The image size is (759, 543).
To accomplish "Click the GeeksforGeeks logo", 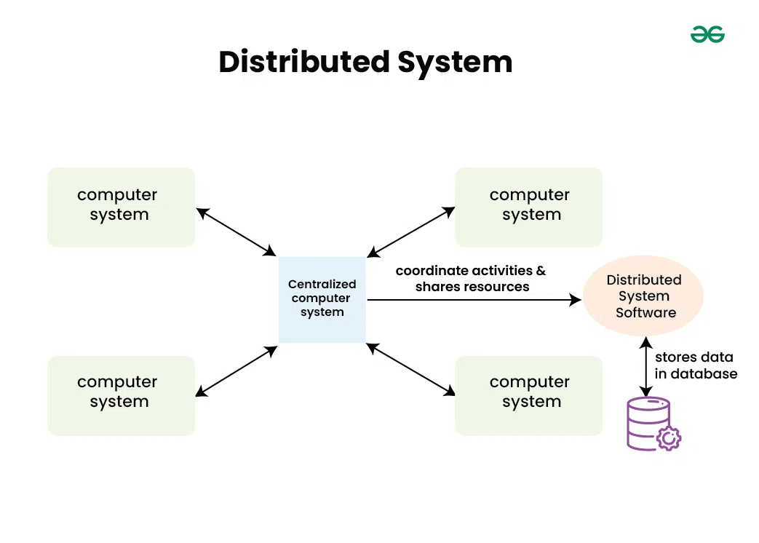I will click(707, 34).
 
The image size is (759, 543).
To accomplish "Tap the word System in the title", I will click(455, 62).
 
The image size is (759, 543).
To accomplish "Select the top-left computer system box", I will click(121, 207).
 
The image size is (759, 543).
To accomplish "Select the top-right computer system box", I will click(528, 207).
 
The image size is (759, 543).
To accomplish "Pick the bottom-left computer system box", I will click(121, 395).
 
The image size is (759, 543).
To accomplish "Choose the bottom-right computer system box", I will click(528, 395).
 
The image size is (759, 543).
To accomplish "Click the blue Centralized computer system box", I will click(322, 299).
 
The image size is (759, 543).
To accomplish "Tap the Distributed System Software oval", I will click(644, 296).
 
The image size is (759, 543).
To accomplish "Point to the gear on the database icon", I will click(668, 439).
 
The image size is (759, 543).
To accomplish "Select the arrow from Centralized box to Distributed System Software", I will click(473, 299).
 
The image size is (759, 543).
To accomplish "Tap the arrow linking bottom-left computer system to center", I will click(237, 371).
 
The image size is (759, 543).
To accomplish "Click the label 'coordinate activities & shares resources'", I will click(471, 279).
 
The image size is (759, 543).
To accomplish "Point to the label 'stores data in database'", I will click(696, 365).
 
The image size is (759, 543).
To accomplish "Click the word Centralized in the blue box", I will click(322, 285).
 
